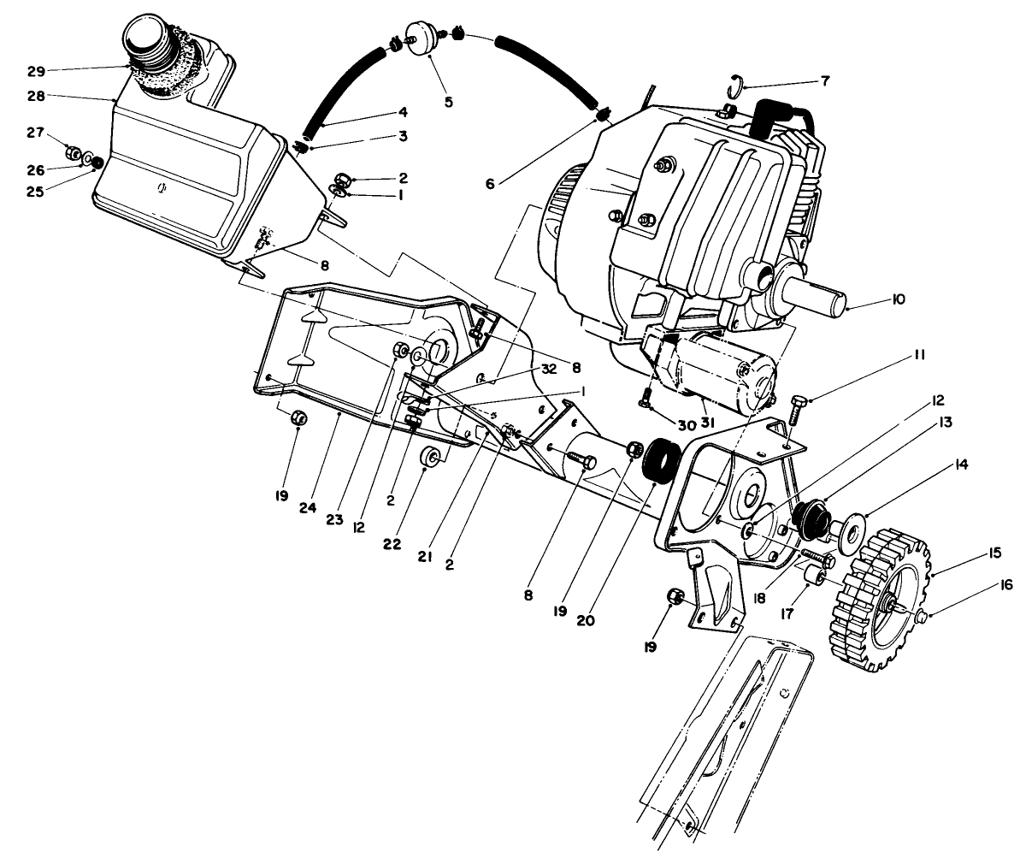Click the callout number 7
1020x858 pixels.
(x=824, y=81)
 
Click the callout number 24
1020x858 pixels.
(x=308, y=508)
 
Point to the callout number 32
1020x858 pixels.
(x=548, y=370)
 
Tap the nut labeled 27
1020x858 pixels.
(x=74, y=154)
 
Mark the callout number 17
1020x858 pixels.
(x=787, y=613)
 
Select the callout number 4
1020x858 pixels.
(x=401, y=111)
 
